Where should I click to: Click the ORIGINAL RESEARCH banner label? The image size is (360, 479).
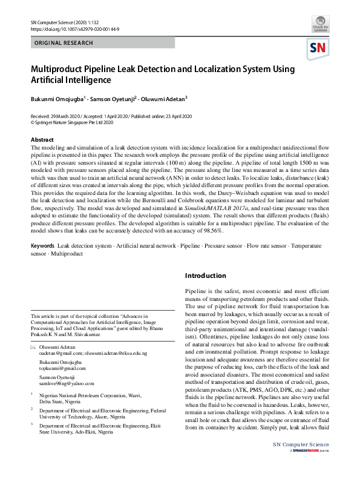64,44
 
